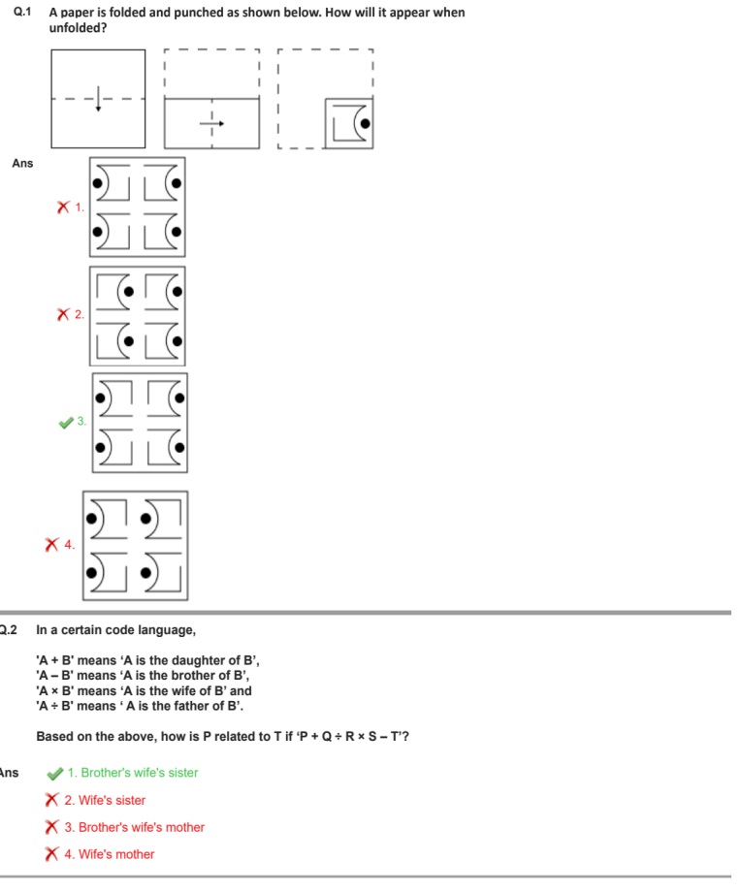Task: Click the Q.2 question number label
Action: coord(9,629)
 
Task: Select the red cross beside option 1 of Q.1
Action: coord(63,207)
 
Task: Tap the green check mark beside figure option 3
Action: coord(66,422)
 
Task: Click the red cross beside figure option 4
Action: coord(51,545)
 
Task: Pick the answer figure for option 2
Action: coord(137,315)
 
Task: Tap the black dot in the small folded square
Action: coord(363,122)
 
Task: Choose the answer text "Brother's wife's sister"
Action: coord(139,773)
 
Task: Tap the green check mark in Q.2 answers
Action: coord(55,773)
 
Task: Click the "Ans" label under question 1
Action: coord(22,163)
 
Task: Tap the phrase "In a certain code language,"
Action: coord(115,629)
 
